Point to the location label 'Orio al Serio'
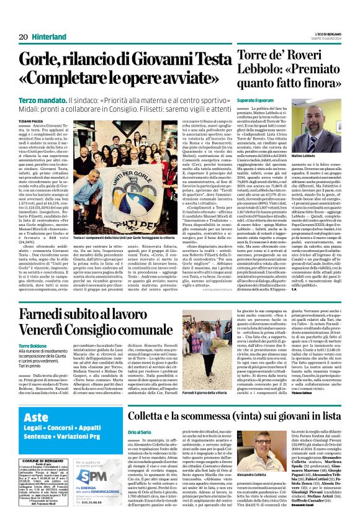[x=140, y=449]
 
